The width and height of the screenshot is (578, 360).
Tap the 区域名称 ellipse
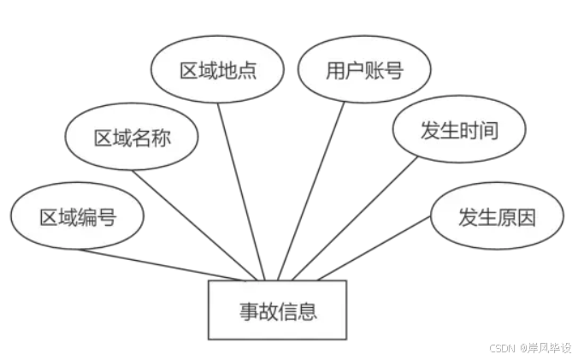tap(132, 138)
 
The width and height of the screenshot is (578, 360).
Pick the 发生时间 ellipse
tap(458, 130)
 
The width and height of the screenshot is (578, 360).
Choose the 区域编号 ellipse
tap(77, 217)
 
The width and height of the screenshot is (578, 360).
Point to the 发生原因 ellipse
tap(497, 217)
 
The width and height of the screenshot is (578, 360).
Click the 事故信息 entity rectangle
tap(277, 310)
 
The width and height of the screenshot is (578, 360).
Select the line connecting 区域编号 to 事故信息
tap(162, 264)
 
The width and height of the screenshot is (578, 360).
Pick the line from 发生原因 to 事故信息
tap(376, 248)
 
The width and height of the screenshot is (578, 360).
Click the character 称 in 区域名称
tap(161, 138)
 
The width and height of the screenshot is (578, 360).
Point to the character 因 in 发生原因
tap(526, 217)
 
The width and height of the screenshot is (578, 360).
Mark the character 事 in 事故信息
tap(248, 310)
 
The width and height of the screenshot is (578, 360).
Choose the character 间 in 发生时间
tap(487, 130)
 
